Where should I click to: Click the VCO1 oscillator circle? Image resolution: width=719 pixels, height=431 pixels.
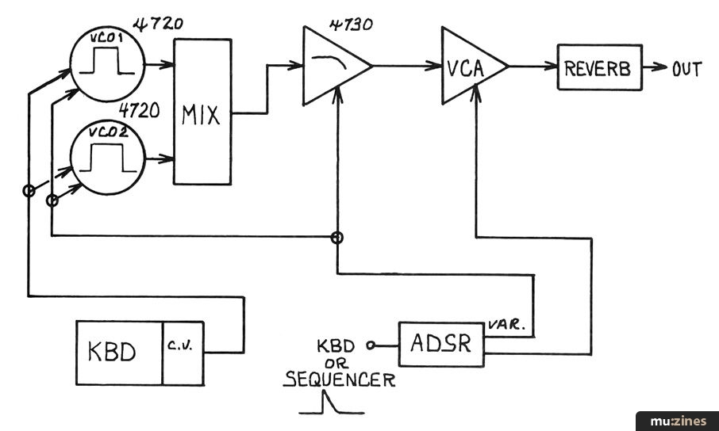click(107, 63)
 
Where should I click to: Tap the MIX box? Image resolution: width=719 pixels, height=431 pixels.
click(202, 113)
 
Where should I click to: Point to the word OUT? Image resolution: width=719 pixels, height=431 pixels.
click(686, 69)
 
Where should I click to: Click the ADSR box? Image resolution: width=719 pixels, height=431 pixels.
click(440, 344)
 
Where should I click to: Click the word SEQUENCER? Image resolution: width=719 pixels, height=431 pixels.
click(339, 380)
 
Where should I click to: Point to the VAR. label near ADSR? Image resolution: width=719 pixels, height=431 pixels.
click(504, 325)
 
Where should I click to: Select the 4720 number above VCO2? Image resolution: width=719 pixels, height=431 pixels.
click(140, 110)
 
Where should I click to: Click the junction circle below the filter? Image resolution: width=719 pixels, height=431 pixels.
click(337, 237)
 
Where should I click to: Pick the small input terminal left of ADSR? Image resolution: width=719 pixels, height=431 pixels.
click(370, 345)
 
